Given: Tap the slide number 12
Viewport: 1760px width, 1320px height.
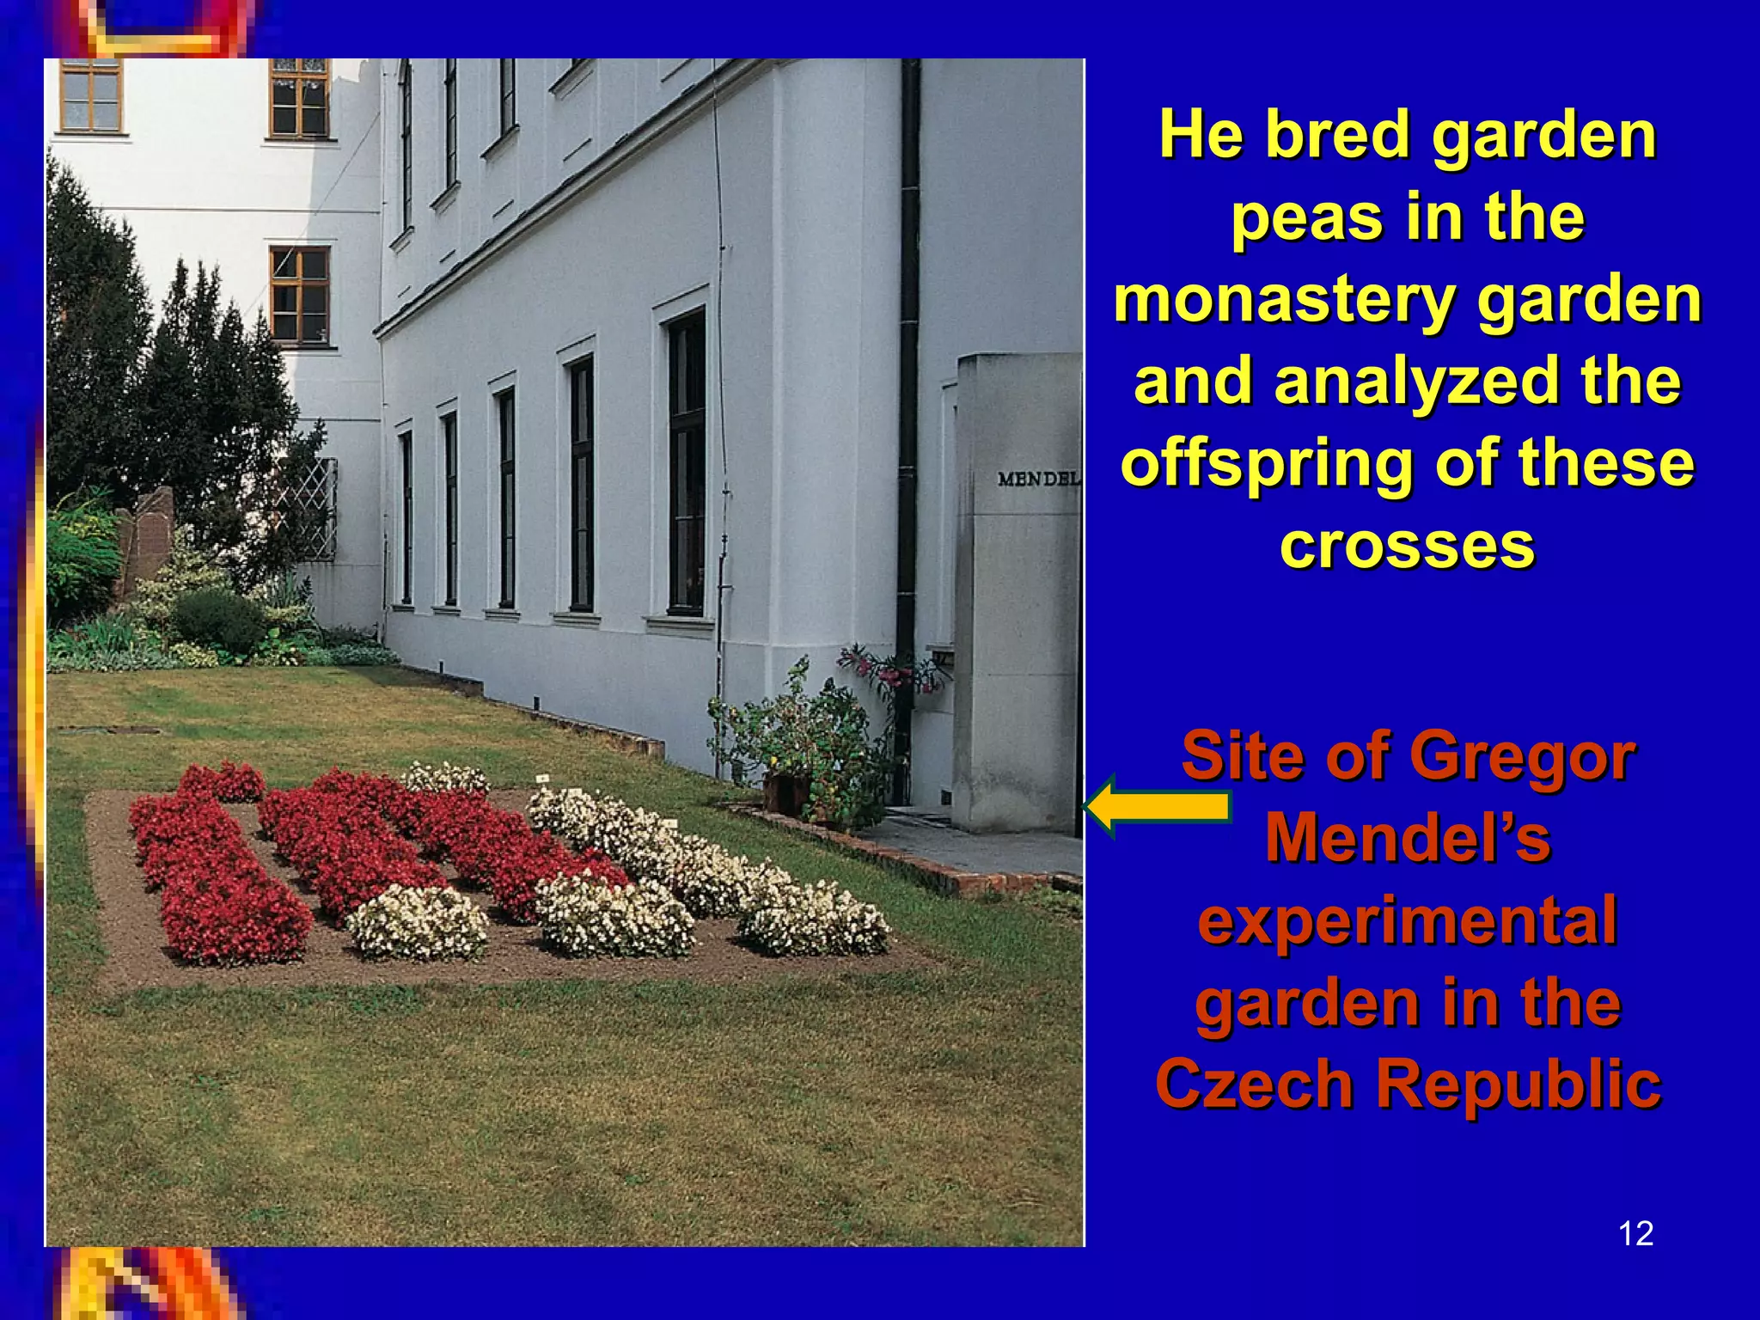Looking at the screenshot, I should click(1635, 1233).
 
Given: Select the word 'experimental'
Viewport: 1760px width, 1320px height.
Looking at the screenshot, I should click(1407, 920).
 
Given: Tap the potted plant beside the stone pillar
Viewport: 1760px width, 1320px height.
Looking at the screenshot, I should click(795, 748).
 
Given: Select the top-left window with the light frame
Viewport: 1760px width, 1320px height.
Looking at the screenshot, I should click(90, 95).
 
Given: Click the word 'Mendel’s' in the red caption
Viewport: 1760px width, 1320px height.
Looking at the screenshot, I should click(1407, 838).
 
